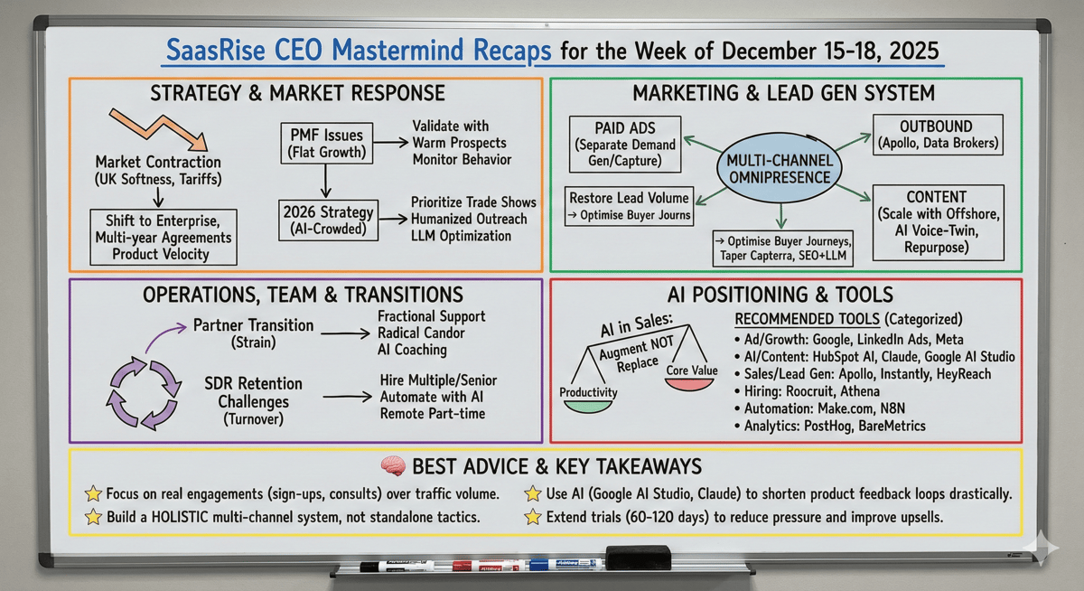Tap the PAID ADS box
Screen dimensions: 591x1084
coord(622,142)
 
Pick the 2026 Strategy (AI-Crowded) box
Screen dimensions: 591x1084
coord(326,220)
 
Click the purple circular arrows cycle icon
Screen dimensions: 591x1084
coord(142,389)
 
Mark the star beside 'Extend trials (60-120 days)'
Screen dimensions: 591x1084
coord(532,518)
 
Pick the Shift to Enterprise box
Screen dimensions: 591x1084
coord(164,238)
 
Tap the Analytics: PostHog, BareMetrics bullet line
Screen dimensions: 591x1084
coord(830,426)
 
